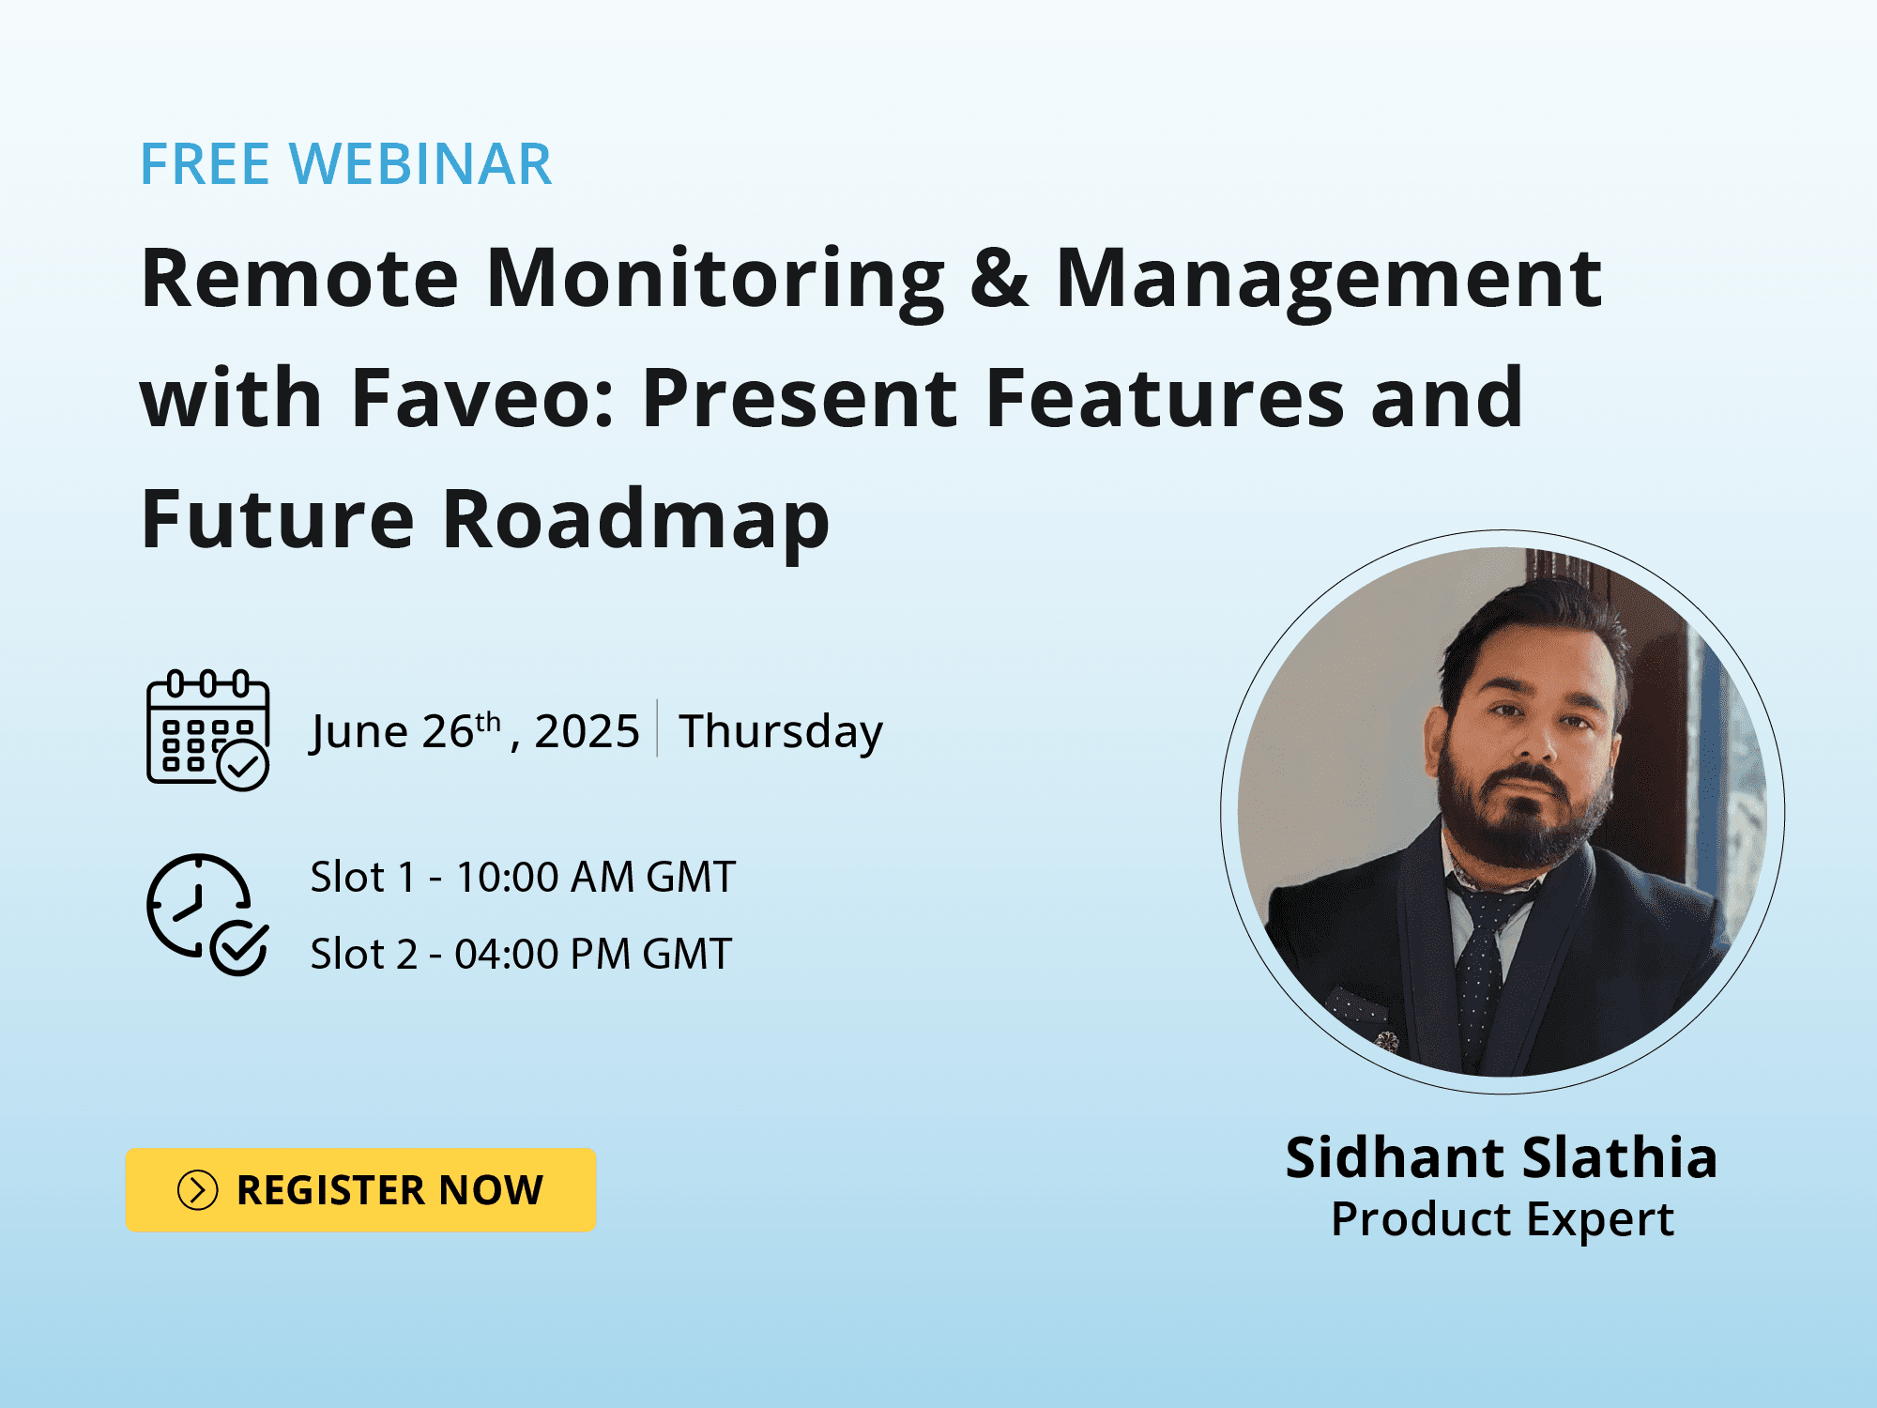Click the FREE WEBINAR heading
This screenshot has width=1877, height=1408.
pos(346,164)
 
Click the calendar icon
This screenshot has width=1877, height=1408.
pos(208,730)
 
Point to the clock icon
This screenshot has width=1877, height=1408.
pos(207,914)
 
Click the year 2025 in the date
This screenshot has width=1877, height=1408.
pos(587,731)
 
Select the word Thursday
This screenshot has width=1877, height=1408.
pos(781,732)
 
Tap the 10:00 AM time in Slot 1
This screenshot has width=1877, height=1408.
pos(544,878)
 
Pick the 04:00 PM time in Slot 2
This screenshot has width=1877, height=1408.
pos(542,955)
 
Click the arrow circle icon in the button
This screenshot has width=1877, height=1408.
pos(197,1190)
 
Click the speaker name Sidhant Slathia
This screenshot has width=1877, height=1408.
pos(1502,1156)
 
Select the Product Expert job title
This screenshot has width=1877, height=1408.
pos(1502,1220)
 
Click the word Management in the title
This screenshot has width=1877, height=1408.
pos(1329,279)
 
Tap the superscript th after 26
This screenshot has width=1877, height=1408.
pos(488,721)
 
